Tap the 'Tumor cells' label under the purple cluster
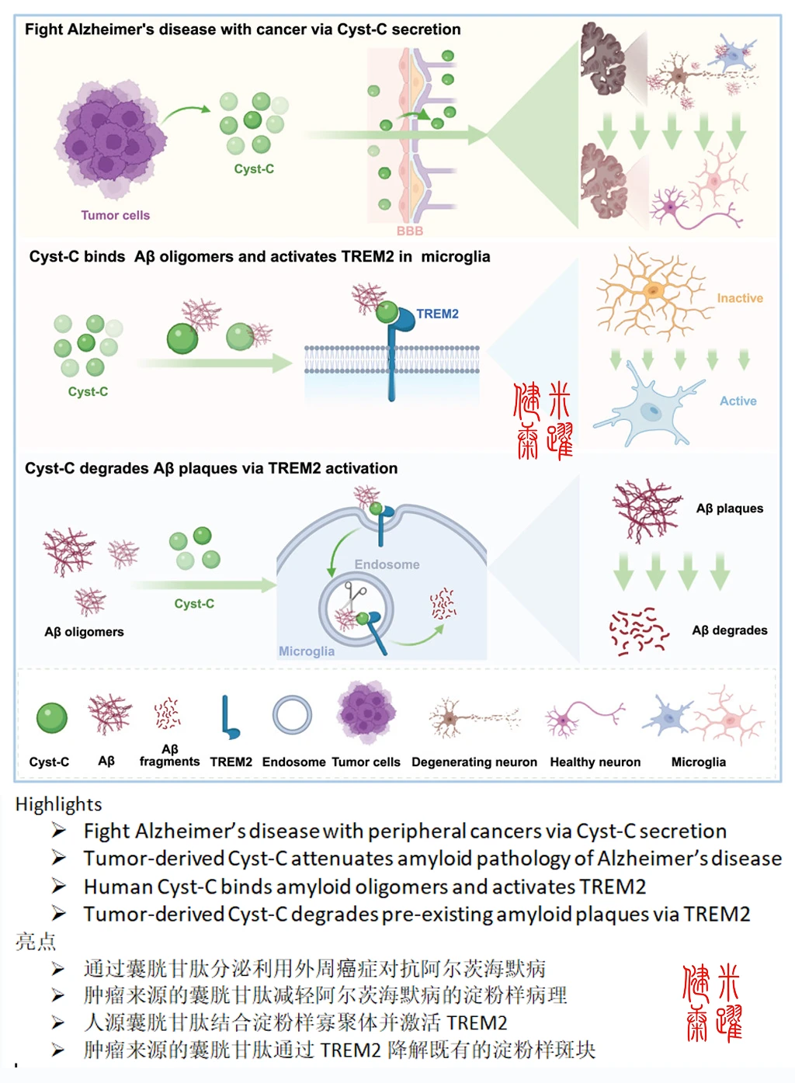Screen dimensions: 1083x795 point(115,215)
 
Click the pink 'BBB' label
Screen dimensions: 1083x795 point(410,231)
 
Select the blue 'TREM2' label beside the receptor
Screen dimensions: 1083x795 point(437,314)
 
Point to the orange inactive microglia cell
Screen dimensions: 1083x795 point(652,292)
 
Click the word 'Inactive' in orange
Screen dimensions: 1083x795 point(739,298)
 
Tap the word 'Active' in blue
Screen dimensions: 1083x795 point(738,401)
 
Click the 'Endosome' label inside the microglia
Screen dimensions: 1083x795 point(387,564)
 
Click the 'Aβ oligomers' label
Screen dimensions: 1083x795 point(84,632)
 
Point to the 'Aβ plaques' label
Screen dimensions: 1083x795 point(729,509)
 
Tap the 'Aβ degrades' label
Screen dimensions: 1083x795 point(729,630)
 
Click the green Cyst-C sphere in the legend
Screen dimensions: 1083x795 point(52,718)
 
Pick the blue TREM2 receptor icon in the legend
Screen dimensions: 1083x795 point(229,717)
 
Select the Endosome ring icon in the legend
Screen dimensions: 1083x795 point(292,715)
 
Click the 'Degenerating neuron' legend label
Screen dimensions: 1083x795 point(474,762)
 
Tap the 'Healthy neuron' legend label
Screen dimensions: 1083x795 point(595,762)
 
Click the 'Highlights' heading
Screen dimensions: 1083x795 point(58,804)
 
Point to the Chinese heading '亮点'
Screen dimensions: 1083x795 point(36,942)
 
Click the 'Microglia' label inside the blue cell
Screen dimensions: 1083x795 point(307,651)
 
